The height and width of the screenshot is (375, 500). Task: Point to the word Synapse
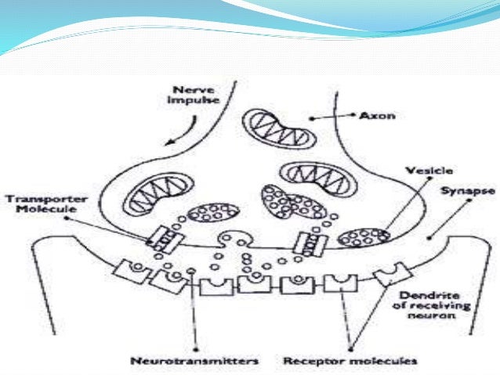pos(458,189)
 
